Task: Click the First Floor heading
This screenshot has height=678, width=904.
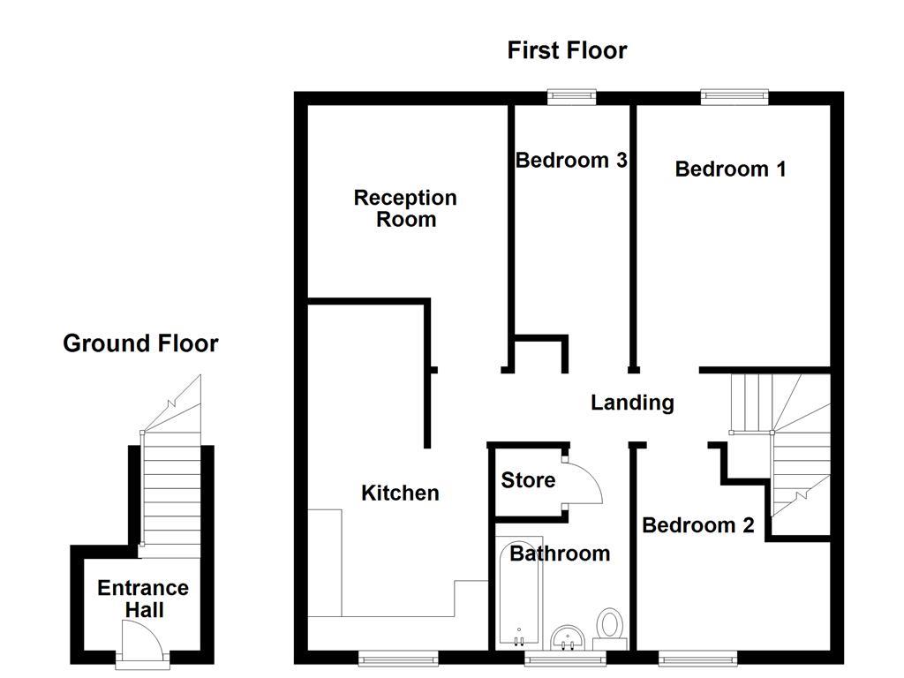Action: [567, 50]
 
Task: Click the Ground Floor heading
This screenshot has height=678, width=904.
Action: [140, 343]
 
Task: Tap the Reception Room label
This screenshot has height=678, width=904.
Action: [405, 208]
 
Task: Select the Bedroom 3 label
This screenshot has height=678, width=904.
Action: [571, 160]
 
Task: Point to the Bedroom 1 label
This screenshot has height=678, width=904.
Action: [730, 169]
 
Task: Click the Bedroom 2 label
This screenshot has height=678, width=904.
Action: [697, 525]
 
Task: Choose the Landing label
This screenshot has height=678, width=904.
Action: [632, 403]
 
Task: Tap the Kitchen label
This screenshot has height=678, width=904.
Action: [400, 493]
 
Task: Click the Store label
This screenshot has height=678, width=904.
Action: [528, 480]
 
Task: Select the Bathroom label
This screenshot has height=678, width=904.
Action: [560, 554]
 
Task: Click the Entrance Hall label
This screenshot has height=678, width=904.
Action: [143, 599]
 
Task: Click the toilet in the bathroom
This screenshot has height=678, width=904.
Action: [610, 625]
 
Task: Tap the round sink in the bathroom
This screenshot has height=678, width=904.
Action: [568, 636]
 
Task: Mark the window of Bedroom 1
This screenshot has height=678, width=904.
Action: [734, 96]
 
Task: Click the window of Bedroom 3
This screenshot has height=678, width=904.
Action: [571, 96]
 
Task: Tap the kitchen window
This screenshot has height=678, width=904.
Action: [398, 657]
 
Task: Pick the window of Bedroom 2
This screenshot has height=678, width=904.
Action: [697, 657]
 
